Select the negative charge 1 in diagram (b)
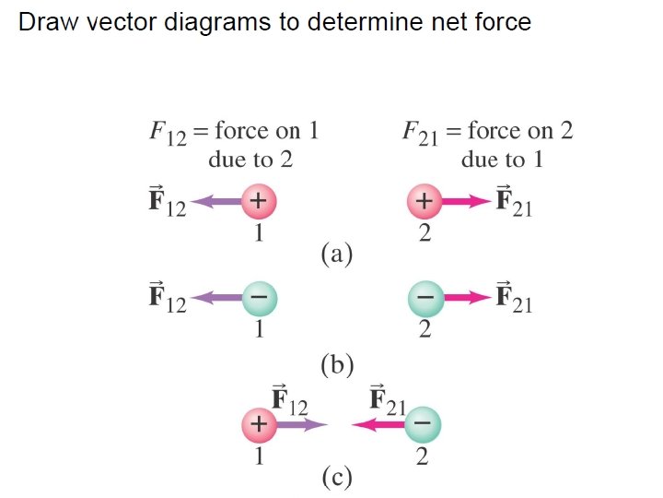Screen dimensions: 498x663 [x=260, y=298]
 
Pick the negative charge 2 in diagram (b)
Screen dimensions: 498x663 [x=425, y=298]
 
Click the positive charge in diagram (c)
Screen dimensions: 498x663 [x=259, y=425]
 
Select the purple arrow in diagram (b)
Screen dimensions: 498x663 [x=217, y=298]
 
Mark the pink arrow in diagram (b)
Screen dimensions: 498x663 [x=467, y=298]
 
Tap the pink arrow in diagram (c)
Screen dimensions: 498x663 [x=378, y=425]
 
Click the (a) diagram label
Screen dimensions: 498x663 [x=337, y=253]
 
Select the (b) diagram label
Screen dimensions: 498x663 [x=337, y=365]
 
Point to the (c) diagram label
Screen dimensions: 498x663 [x=337, y=477]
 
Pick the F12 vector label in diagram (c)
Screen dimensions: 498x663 [x=289, y=400]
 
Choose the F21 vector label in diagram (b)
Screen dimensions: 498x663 [x=514, y=299]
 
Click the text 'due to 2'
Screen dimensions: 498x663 [x=250, y=160]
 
